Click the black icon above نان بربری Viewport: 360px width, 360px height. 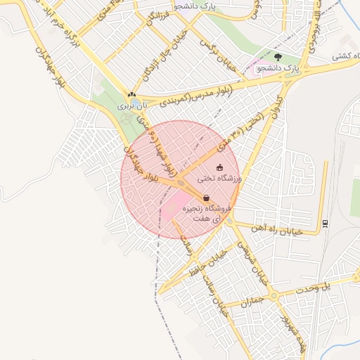click(131, 94)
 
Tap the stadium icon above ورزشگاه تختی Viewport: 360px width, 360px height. click(220, 167)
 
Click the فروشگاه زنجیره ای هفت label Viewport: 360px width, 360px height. click(207, 214)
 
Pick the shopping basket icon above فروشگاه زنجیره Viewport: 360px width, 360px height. click(206, 198)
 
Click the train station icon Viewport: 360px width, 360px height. click(326, 224)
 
